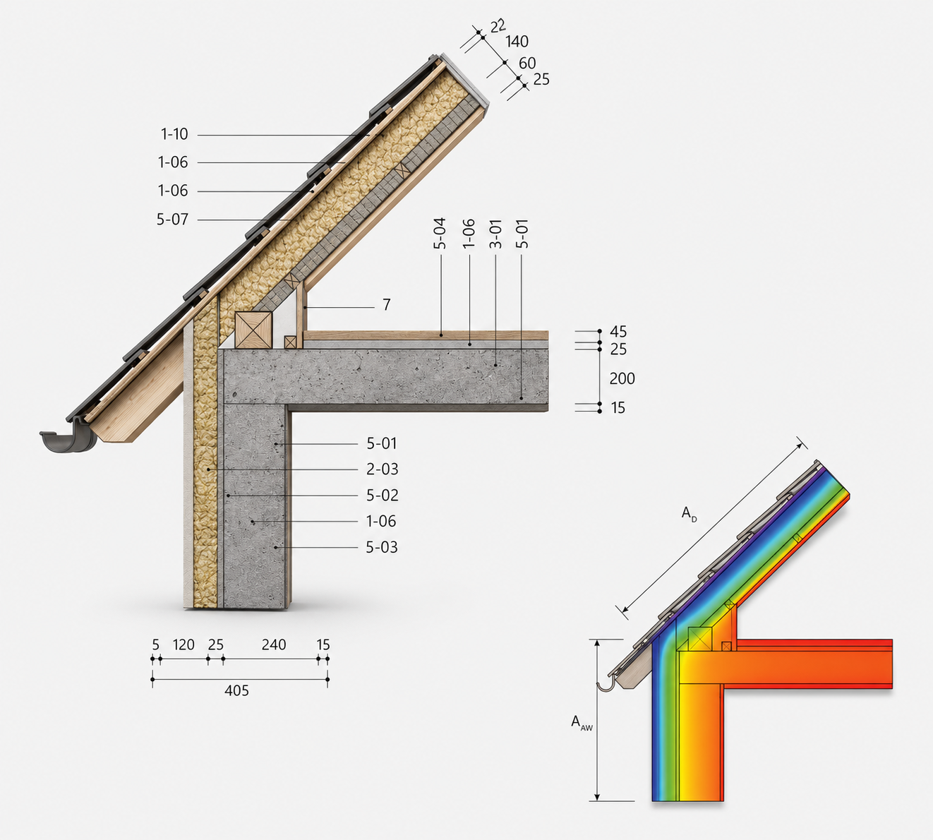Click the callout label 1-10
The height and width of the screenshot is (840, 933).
174,135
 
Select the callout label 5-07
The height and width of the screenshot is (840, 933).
172,220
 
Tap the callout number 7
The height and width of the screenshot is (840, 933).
387,305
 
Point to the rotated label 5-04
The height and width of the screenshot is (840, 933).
440,233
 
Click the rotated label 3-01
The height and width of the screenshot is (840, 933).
496,234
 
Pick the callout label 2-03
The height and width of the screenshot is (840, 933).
383,469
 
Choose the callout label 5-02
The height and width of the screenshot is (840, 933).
383,495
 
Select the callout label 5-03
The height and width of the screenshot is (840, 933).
382,547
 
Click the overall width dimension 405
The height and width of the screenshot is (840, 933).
236,690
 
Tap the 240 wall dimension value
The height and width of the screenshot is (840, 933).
274,644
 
